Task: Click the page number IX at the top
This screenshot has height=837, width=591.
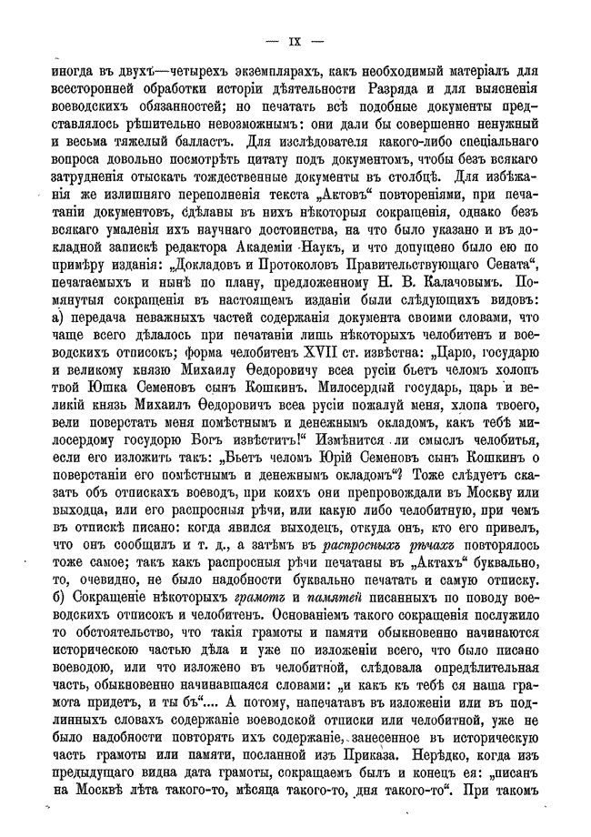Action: [295, 39]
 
